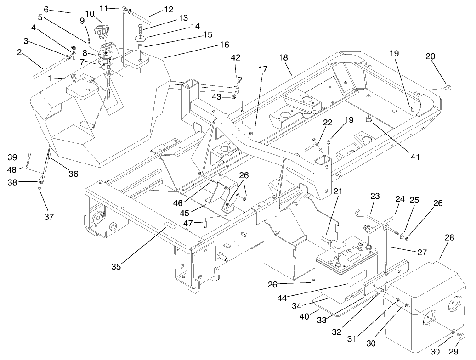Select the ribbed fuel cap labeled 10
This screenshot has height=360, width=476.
point(102,34)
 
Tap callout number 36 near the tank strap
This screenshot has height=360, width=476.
point(73,174)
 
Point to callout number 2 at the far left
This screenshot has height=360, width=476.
point(20,52)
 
